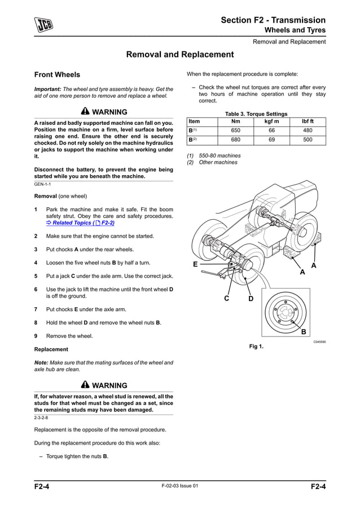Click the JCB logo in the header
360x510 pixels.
[x=42, y=26]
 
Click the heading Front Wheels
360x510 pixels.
[x=57, y=75]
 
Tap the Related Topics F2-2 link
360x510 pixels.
[x=84, y=223]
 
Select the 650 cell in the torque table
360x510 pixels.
[x=235, y=130]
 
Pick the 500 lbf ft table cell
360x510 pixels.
[x=308, y=140]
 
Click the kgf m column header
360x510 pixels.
[x=271, y=121]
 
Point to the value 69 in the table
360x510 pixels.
[x=271, y=140]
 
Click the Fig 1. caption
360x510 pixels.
[x=256, y=346]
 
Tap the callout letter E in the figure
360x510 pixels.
[x=195, y=264]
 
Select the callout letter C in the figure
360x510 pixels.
[x=226, y=298]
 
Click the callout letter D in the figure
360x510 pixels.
[x=251, y=298]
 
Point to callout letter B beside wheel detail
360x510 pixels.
[x=304, y=332]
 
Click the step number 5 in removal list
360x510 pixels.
[x=36, y=276]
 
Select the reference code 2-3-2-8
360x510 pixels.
[x=41, y=418]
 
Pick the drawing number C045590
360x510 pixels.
[x=319, y=342]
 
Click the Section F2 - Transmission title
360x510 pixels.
[x=273, y=20]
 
